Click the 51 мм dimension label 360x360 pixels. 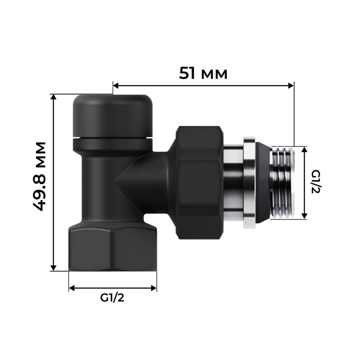pyautogui.click(x=203, y=73)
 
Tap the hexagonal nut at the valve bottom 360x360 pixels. pyautogui.click(x=112, y=248)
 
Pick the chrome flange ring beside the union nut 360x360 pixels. pyautogui.click(x=249, y=182)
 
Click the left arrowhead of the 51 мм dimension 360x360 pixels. pyautogui.click(x=116, y=85)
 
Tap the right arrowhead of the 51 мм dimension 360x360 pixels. pyautogui.click(x=291, y=85)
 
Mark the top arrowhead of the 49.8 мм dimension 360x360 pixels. pyautogui.click(x=54, y=97)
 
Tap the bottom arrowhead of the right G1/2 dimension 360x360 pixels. pyautogui.click(x=305, y=216)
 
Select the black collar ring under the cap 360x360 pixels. pyautogui.click(x=112, y=144)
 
